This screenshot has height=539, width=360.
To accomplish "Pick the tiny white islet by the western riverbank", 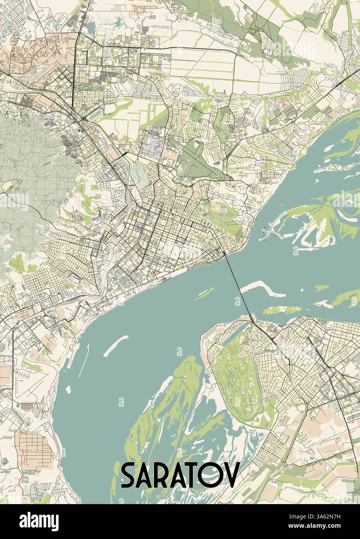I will click(69, 388).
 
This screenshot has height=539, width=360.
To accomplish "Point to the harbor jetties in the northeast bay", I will click(272, 233).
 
